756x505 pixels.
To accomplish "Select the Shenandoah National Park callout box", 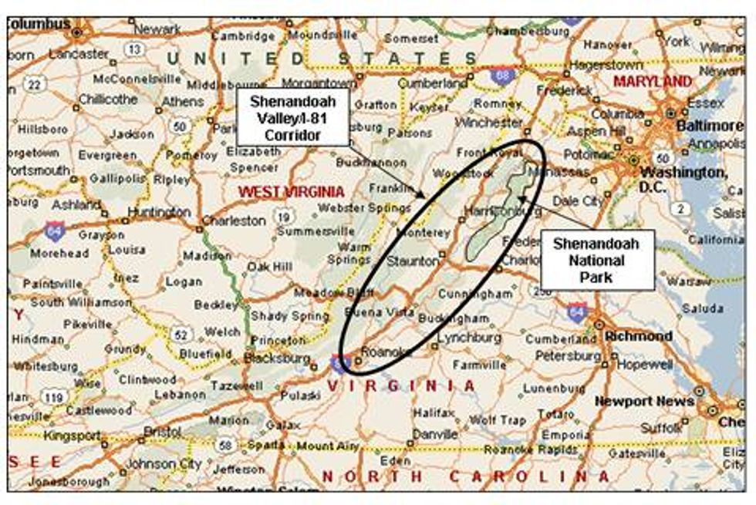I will (596, 260).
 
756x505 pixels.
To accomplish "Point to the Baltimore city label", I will (708, 125).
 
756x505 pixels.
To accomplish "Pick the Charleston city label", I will (234, 221).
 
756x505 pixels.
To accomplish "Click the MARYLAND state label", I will (652, 81).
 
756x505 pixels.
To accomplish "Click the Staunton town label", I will (413, 261).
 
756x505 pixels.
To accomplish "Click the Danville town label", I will (434, 433).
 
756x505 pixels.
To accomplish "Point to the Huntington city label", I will (160, 211).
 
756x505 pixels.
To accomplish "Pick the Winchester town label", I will (488, 122).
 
